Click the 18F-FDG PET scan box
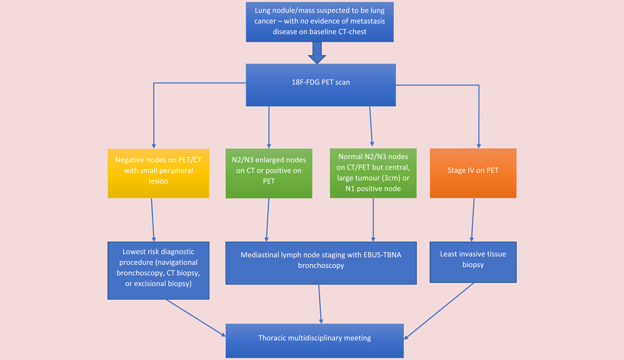(x=321, y=85)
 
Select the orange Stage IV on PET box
(x=473, y=173)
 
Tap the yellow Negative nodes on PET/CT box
(x=158, y=173)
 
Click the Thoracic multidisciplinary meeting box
(x=315, y=341)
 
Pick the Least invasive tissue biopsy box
(x=473, y=262)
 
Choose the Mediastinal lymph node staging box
(x=321, y=263)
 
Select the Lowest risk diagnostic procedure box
(x=158, y=271)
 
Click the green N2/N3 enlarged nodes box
(x=269, y=173)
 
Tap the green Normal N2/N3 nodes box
(x=373, y=173)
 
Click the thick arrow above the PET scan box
(x=317, y=53)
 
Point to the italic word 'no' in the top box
(x=304, y=21)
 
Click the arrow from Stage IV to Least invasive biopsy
(x=473, y=220)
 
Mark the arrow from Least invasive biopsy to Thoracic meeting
(x=439, y=311)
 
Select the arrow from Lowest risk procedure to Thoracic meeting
(x=196, y=318)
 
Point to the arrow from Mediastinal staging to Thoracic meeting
(x=320, y=304)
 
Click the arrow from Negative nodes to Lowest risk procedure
(x=153, y=220)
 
